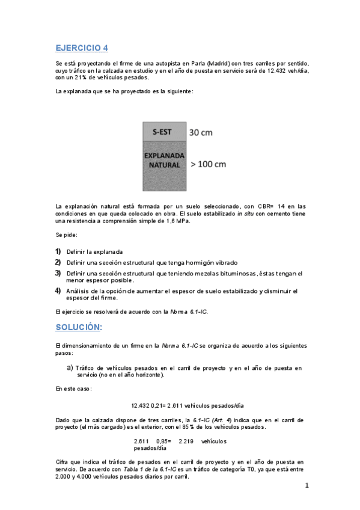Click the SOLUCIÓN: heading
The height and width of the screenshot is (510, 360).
click(79, 327)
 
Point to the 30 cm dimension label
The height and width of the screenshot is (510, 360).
click(201, 132)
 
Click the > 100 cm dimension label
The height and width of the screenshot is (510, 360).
click(209, 163)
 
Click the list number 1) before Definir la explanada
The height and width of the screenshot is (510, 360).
click(58, 251)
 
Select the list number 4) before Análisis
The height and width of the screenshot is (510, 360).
click(58, 291)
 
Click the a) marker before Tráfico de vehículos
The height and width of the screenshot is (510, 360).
click(70, 367)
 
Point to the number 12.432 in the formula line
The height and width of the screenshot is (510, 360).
click(139, 405)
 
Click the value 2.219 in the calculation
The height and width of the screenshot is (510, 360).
click(186, 441)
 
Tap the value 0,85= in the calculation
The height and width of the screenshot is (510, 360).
click(163, 441)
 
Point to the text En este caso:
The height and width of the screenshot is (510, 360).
click(73, 390)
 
